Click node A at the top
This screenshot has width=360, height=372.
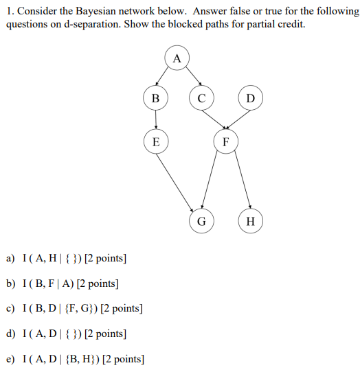[177, 59]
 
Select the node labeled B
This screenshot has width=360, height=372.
[156, 99]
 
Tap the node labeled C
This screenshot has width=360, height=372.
[201, 99]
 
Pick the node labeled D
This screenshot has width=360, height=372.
[250, 99]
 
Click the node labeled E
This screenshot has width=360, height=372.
[156, 142]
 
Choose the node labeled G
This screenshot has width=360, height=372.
[201, 221]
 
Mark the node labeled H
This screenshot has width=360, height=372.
[250, 221]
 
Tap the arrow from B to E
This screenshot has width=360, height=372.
[156, 120]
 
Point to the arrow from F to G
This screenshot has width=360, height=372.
[213, 182]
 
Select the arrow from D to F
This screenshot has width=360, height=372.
[238, 120]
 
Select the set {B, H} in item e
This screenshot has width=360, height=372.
[82, 359]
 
